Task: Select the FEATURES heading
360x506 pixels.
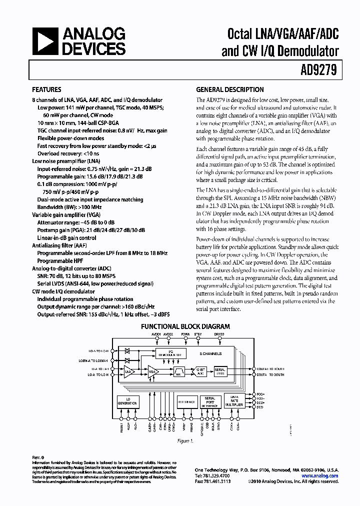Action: [46, 90]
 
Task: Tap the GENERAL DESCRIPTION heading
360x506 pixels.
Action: [229, 90]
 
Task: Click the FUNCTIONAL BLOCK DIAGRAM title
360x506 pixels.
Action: [185, 326]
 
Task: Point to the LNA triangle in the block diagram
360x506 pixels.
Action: [129, 371]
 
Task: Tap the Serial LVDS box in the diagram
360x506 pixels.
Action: [220, 371]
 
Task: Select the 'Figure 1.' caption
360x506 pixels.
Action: [184, 441]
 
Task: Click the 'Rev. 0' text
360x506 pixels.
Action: [38, 457]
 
